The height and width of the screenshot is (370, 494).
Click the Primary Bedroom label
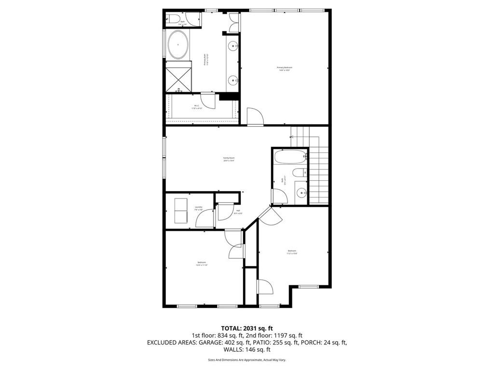tap(285, 68)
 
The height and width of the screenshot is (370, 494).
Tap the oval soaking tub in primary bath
tap(178, 45)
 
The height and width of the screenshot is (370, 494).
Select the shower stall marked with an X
tap(178, 79)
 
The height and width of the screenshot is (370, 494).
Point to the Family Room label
tap(229, 159)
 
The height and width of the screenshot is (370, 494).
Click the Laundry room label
tap(185, 208)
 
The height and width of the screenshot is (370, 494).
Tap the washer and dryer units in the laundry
tap(181, 211)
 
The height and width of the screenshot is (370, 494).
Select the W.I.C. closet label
tap(197, 106)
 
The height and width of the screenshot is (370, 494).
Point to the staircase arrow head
tap(292, 136)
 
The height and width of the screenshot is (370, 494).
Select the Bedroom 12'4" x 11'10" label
tap(201, 264)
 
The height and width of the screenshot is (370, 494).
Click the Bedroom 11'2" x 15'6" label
tap(292, 251)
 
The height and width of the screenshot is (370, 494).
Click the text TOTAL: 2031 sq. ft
tap(247, 328)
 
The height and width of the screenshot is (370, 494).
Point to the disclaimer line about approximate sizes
tap(247, 360)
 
